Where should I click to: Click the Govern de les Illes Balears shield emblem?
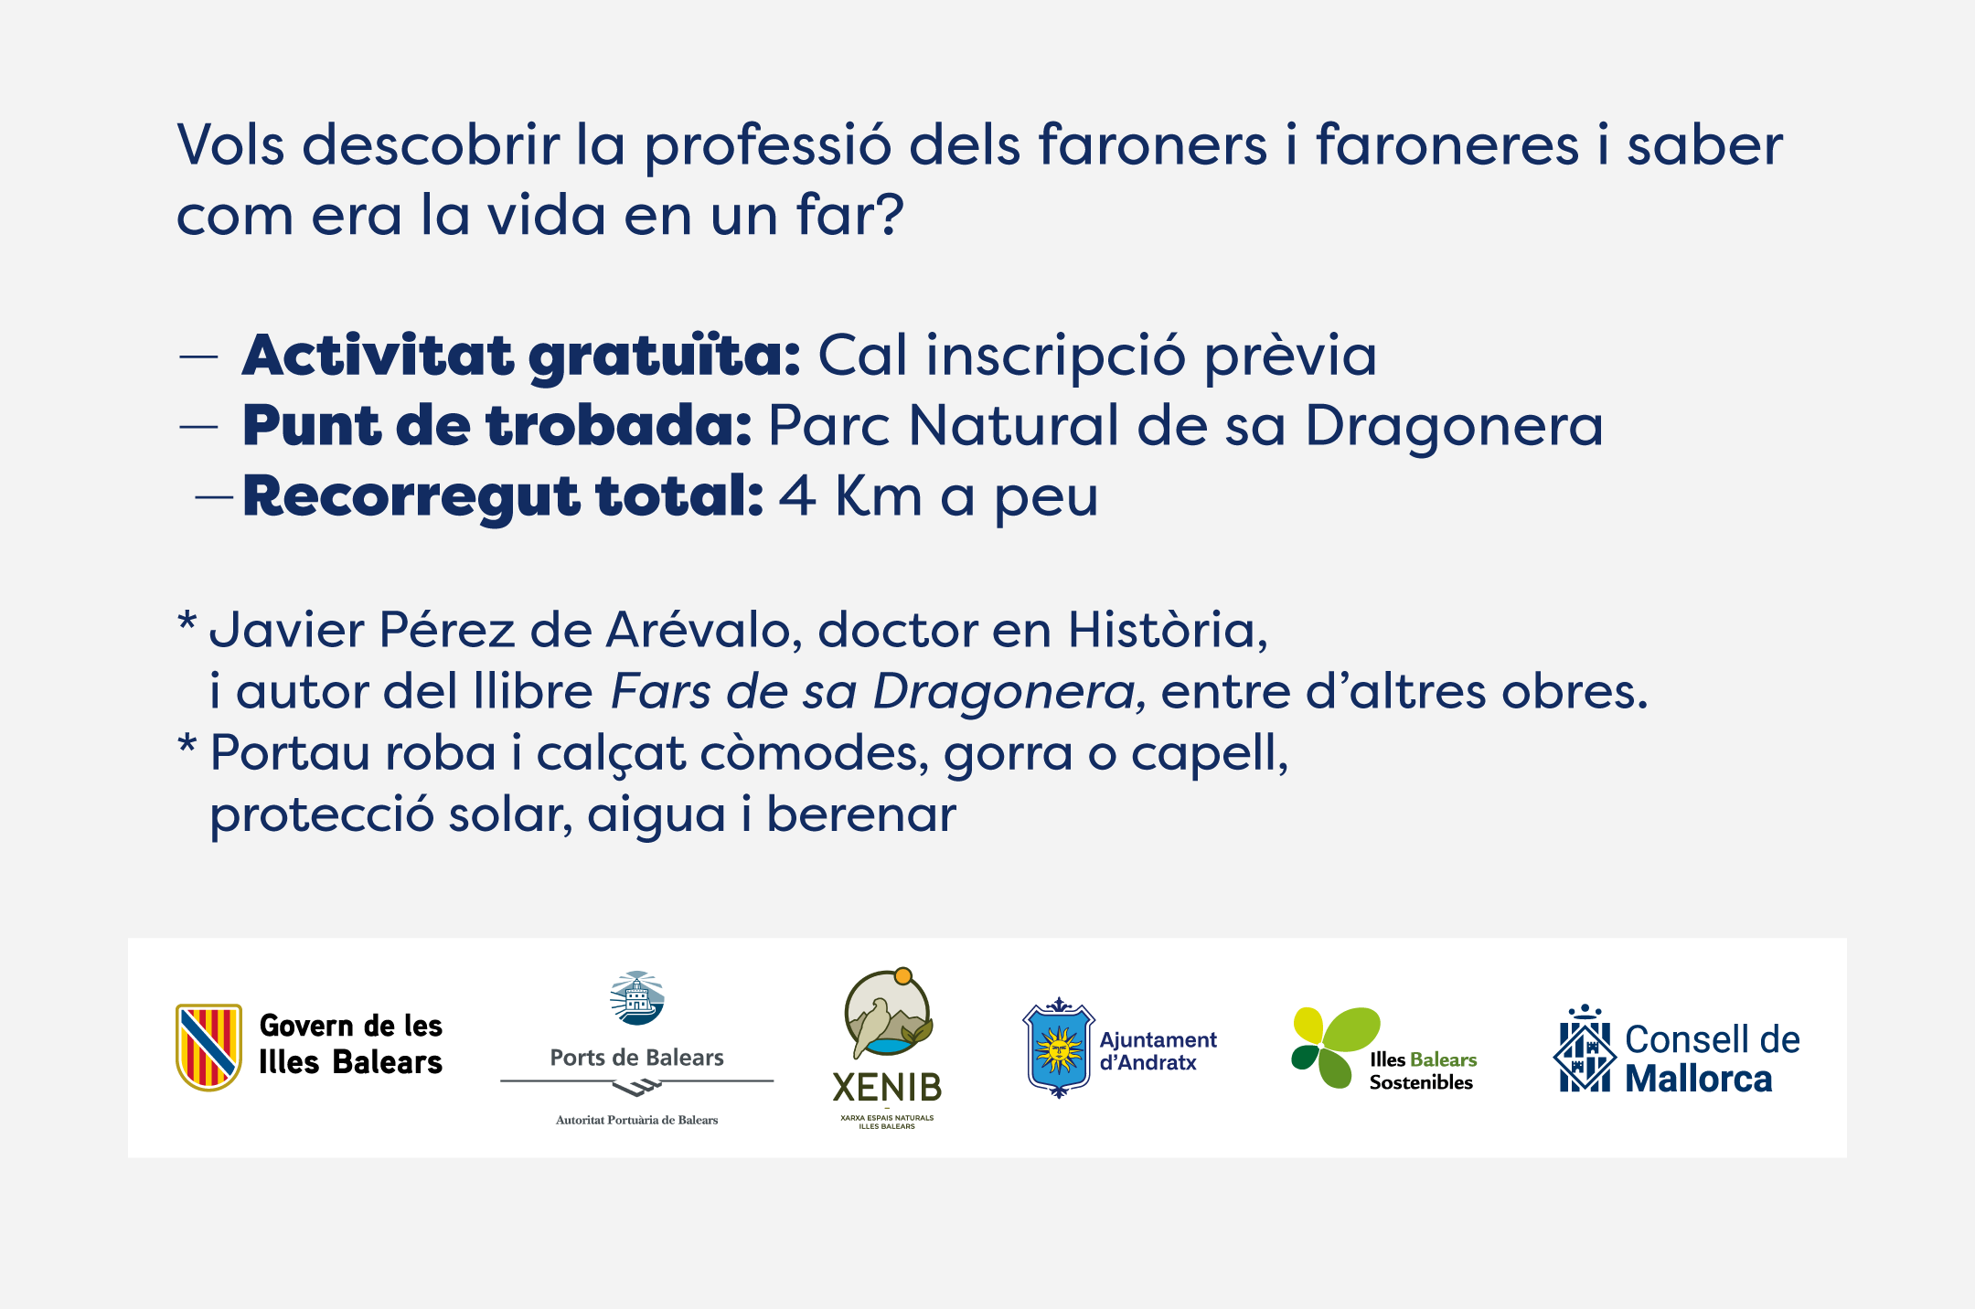208,1048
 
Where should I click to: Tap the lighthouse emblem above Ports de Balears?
636,998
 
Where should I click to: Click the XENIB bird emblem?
888,1016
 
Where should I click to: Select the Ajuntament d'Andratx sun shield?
1058,1048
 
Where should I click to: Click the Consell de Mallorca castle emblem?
1584,1048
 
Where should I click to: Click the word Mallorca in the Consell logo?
1699,1079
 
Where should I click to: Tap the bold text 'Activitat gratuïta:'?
521,356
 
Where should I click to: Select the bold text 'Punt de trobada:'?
497,426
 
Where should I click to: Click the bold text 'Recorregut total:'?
503,497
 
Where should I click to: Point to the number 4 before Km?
797,496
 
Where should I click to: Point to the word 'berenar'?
861,814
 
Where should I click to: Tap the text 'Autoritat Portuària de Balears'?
636,1120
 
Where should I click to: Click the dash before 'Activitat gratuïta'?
198,357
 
